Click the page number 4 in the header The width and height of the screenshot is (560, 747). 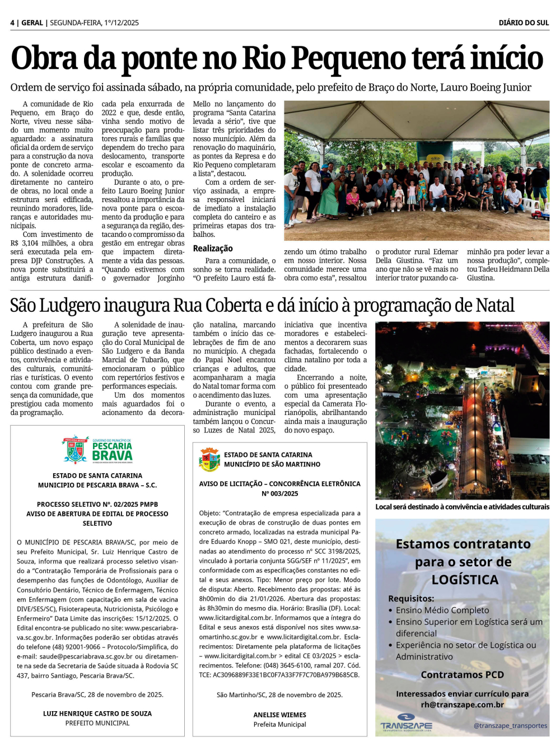point(12,23)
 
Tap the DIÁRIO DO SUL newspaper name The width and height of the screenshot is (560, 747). point(524,23)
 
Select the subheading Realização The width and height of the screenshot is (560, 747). point(213,249)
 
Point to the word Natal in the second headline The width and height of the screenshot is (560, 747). point(494,306)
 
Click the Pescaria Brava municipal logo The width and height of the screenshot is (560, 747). point(97,450)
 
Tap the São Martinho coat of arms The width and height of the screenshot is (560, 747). point(209,460)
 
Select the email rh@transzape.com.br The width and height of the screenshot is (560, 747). point(462,705)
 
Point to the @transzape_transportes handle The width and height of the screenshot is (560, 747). point(510,726)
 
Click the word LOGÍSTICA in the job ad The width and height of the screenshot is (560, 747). point(465,580)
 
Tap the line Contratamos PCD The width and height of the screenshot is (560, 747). point(462,675)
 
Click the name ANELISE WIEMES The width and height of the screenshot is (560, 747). point(279,715)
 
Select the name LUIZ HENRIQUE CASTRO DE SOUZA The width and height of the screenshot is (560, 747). point(97,714)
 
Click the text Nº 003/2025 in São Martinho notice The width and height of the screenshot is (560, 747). point(279,494)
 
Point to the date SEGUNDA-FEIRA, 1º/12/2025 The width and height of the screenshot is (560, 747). point(94,23)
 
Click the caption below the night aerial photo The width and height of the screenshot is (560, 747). point(462,507)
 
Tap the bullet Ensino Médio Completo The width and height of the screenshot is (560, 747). point(442,610)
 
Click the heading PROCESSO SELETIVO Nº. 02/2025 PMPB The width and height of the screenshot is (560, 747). point(97,505)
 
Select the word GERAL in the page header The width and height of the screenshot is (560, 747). point(32,23)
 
